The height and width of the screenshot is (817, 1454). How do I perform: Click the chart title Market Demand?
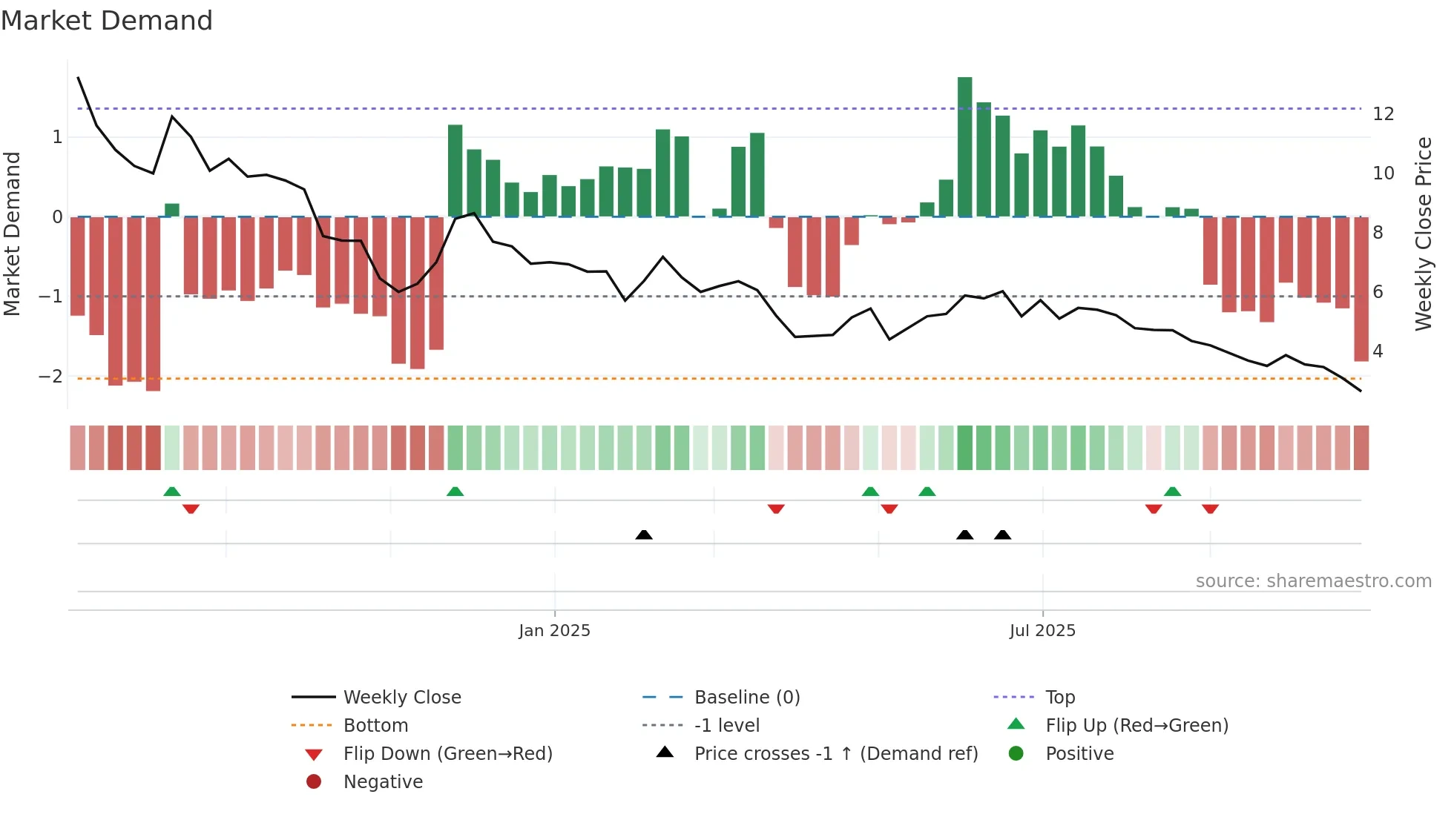pos(107,21)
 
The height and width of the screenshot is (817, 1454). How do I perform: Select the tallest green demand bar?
pos(964,146)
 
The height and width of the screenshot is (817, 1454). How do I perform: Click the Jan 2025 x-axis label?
pos(554,630)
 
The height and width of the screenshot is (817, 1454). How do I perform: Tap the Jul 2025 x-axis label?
pos(1042,630)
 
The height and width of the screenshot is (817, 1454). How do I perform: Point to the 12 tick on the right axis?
pos(1383,114)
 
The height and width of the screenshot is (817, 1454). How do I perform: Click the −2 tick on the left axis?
pos(50,376)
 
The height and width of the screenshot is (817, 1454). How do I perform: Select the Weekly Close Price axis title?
pos(1423,234)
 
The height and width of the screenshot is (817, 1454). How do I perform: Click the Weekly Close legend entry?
pos(401,697)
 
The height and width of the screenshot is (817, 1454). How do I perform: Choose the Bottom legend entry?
pos(375,725)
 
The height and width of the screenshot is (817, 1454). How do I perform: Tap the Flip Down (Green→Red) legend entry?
pos(447,753)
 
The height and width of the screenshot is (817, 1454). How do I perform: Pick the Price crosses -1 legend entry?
pos(835,753)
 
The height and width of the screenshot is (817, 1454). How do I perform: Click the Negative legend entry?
pos(383,781)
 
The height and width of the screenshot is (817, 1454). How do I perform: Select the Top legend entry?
pos(1059,697)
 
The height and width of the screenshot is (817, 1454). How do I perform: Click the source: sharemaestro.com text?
pos(1313,580)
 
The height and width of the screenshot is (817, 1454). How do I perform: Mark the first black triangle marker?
pos(644,535)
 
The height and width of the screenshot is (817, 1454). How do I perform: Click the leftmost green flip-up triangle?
pos(171,492)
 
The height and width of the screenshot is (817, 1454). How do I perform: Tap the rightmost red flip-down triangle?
pos(1210,509)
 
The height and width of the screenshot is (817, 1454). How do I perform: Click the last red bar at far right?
pos(1361,289)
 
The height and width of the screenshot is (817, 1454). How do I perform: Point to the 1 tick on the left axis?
pos(57,136)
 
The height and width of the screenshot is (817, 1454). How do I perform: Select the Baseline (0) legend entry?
pos(746,697)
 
